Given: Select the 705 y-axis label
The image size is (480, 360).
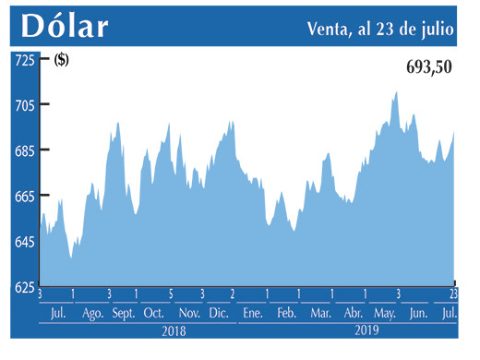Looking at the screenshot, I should (x=23, y=105).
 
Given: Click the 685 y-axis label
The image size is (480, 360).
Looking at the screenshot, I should (x=23, y=150).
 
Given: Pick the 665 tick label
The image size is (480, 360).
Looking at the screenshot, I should (x=23, y=197).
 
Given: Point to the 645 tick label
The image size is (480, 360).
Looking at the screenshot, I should (x=23, y=242).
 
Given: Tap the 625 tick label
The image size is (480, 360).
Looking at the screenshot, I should (x=23, y=287).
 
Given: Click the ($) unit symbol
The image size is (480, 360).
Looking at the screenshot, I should (x=62, y=61).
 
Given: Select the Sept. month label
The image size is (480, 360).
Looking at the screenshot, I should (x=124, y=314).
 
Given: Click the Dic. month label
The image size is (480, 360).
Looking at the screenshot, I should (x=219, y=314).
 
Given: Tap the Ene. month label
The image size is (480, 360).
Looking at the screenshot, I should (x=252, y=314).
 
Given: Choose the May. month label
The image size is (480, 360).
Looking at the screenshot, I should (x=385, y=314).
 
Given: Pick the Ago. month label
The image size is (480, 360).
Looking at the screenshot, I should (x=92, y=314).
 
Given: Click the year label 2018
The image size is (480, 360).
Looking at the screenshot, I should (x=174, y=330).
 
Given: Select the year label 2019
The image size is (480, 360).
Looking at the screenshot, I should (x=368, y=330).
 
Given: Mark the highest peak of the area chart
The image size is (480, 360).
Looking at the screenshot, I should (x=396, y=92).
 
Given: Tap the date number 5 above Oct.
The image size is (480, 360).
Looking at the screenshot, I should (x=171, y=294).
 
